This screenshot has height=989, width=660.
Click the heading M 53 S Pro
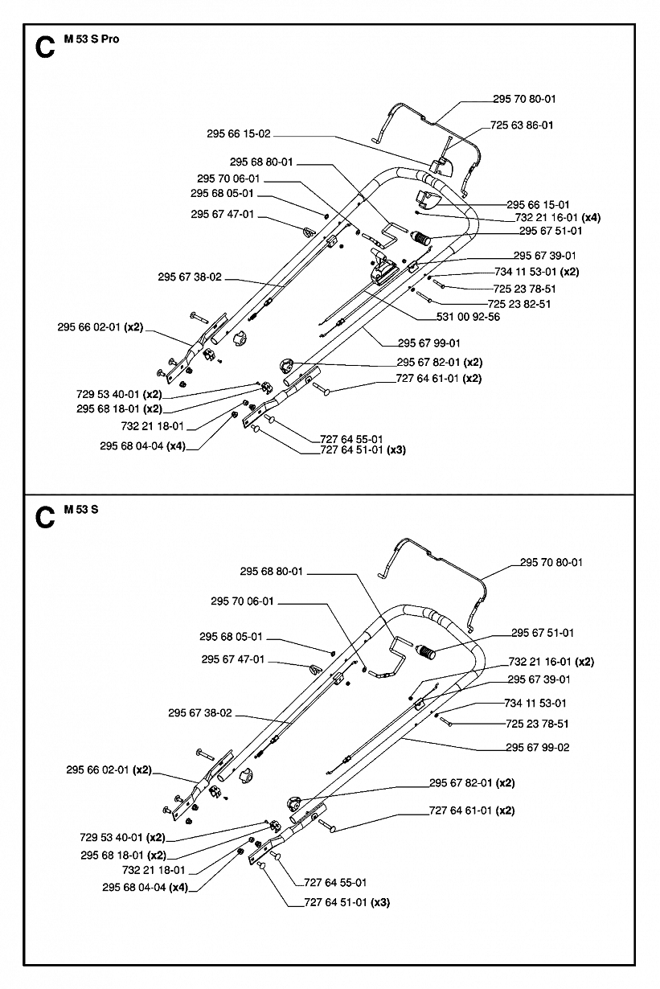(x=91, y=39)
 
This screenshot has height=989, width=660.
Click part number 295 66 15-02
(x=238, y=134)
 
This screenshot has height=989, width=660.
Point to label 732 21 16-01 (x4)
(x=557, y=217)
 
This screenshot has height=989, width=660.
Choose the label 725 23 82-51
(x=520, y=304)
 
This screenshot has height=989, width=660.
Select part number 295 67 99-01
(x=428, y=342)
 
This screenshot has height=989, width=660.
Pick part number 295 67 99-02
(x=537, y=747)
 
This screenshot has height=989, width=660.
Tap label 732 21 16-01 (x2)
(x=551, y=662)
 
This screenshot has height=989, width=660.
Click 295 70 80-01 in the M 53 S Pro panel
(x=524, y=99)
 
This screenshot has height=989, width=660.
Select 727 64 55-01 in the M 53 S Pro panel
(x=351, y=438)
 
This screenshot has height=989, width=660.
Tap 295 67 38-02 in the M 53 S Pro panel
(x=190, y=277)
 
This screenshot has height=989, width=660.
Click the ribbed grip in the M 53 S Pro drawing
(x=421, y=238)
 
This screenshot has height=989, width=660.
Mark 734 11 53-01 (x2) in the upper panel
(x=536, y=272)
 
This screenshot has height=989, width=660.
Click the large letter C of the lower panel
(x=46, y=519)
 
